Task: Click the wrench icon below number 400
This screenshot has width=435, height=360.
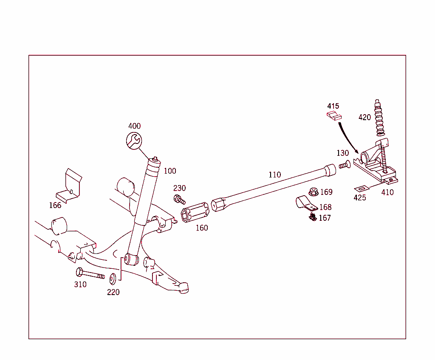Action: coord(134,141)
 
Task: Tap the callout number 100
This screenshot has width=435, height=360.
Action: coord(170,171)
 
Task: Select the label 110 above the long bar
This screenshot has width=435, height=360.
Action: coord(274,174)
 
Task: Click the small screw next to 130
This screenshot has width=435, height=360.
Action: coord(344,164)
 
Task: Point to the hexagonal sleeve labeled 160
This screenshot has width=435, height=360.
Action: coord(195,212)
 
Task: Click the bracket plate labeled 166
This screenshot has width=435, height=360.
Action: coord(71,186)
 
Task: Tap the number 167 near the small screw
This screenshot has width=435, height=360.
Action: coord(325,218)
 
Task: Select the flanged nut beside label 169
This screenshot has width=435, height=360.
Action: coord(313,192)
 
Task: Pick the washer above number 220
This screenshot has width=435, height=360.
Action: coord(113,279)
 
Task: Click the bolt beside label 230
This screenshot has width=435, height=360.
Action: coord(179,198)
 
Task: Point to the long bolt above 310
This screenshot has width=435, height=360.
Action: coord(89,273)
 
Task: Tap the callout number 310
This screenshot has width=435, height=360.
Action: coord(80,284)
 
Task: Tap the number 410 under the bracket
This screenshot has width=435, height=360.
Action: coord(387,192)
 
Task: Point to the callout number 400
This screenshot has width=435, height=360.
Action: coord(134,126)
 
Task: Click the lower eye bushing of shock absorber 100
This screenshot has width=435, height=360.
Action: coord(131,259)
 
